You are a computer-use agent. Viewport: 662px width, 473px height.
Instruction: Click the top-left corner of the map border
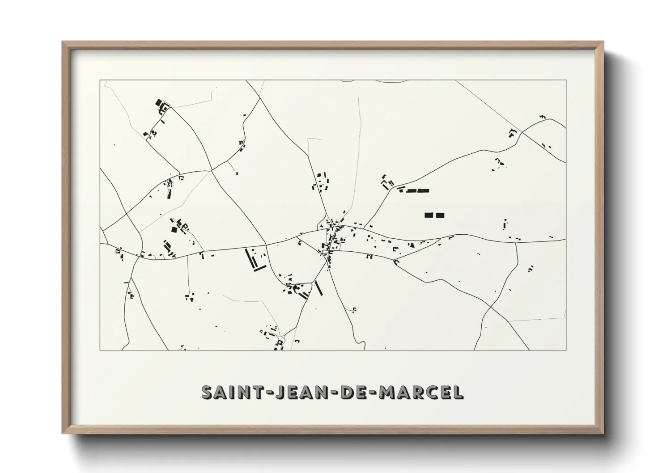pyautogui.click(x=100, y=80)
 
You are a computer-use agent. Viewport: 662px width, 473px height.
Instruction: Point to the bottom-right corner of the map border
pyautogui.click(x=566, y=350)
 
